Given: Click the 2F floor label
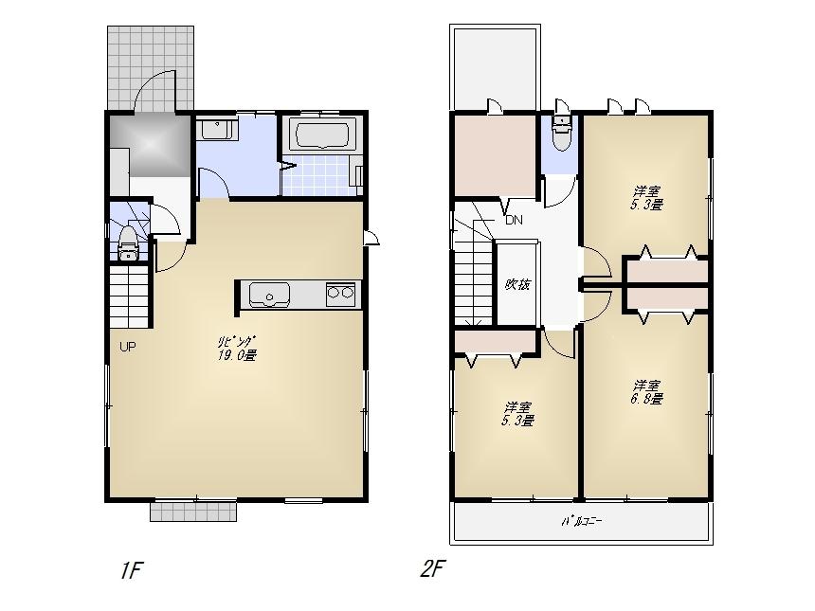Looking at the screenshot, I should tap(432, 569).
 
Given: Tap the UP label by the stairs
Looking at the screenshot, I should tap(127, 346).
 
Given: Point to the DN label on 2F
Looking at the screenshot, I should tap(513, 221).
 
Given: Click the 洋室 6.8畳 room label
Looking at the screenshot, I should tap(647, 392).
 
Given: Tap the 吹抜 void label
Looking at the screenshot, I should tap(516, 284).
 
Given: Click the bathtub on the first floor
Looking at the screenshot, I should tap(319, 135).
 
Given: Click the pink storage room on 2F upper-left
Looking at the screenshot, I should tap(495, 154).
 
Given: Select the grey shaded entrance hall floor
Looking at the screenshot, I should tap(151, 145).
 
